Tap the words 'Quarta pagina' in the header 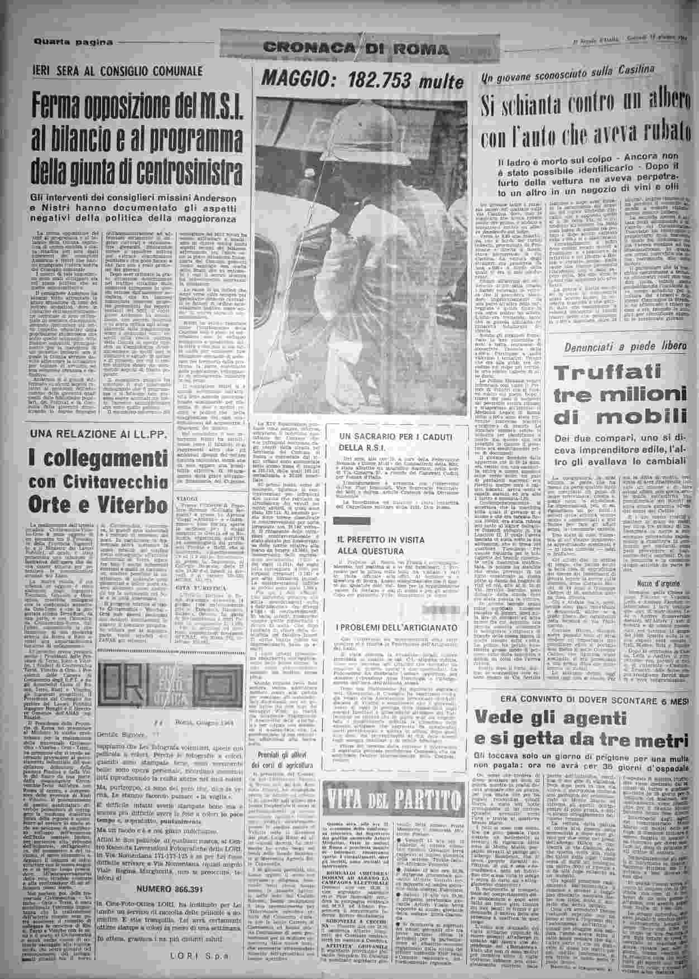(x=73, y=42)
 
